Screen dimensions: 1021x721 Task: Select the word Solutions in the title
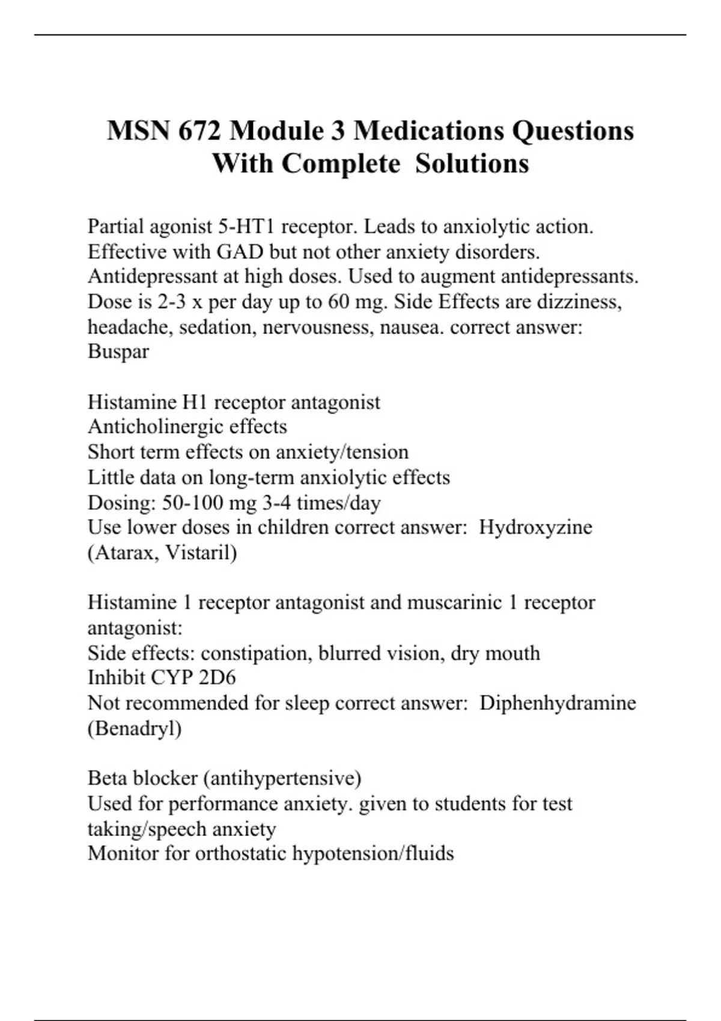point(472,163)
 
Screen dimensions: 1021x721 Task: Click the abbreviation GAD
point(240,252)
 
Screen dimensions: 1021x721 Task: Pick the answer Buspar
point(118,351)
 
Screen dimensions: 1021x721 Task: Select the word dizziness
point(579,301)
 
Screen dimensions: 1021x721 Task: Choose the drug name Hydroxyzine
point(535,527)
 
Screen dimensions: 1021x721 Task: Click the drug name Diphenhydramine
point(558,703)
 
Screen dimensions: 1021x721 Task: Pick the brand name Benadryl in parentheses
point(135,729)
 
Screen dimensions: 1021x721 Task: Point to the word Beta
point(108,778)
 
